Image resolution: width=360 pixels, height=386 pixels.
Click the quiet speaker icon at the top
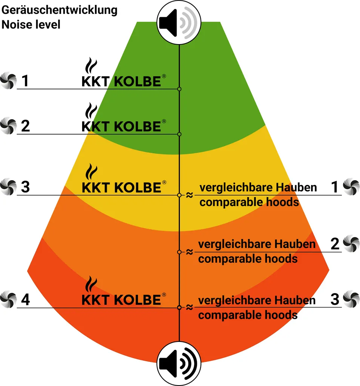tap(179, 23)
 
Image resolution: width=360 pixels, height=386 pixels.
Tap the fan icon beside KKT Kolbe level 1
tap(8, 81)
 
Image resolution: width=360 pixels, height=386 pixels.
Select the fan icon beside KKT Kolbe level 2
tap(8, 126)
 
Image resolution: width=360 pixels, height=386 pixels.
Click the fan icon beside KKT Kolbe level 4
tap(8, 300)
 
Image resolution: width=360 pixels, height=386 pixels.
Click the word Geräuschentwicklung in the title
tap(60, 10)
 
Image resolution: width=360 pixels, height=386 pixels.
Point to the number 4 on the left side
tap(25, 300)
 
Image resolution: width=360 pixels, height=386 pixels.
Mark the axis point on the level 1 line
tap(179, 89)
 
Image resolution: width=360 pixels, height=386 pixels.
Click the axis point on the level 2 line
tap(179, 134)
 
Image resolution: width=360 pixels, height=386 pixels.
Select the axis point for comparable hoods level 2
tap(179, 252)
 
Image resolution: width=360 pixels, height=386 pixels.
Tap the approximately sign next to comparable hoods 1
tap(189, 195)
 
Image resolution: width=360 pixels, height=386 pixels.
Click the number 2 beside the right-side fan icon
tap(335, 244)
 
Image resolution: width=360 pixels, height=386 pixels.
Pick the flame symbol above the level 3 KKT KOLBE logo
tap(89, 172)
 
